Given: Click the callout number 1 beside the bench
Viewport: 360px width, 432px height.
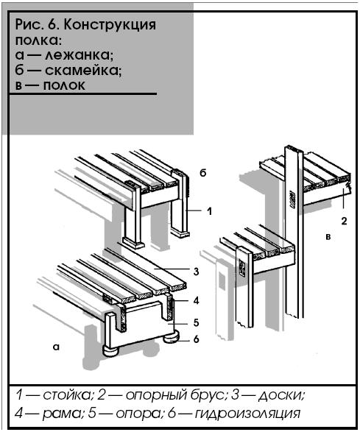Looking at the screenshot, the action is pyautogui.click(x=210, y=211).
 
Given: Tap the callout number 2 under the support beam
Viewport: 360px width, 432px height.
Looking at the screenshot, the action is pyautogui.click(x=344, y=221).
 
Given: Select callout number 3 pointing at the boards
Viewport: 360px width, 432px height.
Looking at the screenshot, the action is pyautogui.click(x=196, y=272).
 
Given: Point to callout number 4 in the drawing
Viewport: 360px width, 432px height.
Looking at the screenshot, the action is pyautogui.click(x=196, y=300).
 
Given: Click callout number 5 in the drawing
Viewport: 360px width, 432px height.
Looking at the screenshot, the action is pyautogui.click(x=196, y=322).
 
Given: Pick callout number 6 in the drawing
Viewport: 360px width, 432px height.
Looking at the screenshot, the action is pyautogui.click(x=196, y=339).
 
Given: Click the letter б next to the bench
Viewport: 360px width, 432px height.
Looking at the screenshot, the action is pyautogui.click(x=203, y=173).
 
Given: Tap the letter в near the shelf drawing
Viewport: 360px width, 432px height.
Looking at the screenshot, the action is pyautogui.click(x=328, y=237).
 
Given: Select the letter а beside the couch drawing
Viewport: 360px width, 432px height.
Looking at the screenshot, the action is pyautogui.click(x=56, y=347).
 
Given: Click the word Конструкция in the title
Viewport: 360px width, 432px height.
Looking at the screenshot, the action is pyautogui.click(x=110, y=25).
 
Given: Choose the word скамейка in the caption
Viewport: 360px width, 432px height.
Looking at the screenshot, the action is pyautogui.click(x=83, y=71).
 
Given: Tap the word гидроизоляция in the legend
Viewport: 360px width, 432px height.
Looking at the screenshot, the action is pyautogui.click(x=247, y=414).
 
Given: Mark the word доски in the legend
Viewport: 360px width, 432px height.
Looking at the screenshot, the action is pyautogui.click(x=281, y=396).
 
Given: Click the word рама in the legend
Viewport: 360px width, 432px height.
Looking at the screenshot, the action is pyautogui.click(x=63, y=414).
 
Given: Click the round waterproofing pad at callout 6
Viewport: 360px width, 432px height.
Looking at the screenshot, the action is pyautogui.click(x=172, y=338).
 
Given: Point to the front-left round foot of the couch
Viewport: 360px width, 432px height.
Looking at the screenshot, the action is pyautogui.click(x=111, y=351).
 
